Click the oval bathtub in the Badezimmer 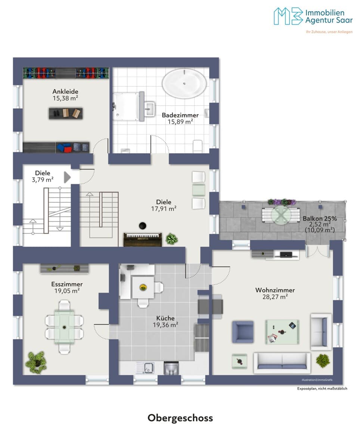184,83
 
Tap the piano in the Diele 143,240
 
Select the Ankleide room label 65,91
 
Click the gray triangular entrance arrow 67,177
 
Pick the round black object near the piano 143,225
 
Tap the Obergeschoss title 180,418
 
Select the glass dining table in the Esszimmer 64,327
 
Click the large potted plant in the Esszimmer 36,362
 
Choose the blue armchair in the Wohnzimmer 243,332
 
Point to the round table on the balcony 281,215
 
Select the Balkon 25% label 320,219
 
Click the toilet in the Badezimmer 198,146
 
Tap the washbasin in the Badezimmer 150,108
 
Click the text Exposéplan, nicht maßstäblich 322,389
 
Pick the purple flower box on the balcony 282,202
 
